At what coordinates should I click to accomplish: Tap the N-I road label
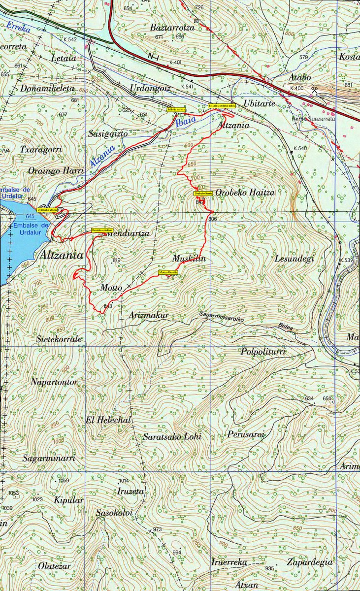click(x=153, y=57)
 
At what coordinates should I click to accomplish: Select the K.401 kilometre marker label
click(x=175, y=63)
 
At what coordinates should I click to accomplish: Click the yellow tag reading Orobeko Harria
click(x=203, y=194)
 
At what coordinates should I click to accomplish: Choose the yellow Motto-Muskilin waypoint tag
click(x=168, y=272)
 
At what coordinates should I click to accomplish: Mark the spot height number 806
click(x=212, y=219)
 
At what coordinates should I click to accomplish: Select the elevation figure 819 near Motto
click(x=117, y=260)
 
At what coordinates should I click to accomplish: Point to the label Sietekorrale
click(x=59, y=339)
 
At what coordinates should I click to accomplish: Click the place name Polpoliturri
click(x=263, y=351)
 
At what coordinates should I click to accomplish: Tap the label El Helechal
click(x=108, y=420)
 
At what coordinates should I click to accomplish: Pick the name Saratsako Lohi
click(x=172, y=436)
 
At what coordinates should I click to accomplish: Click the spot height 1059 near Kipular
click(x=64, y=480)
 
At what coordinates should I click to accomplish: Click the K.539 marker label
click(x=347, y=260)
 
